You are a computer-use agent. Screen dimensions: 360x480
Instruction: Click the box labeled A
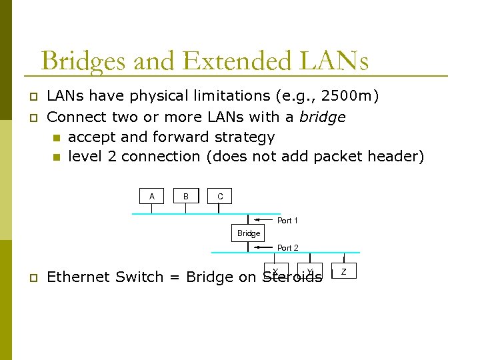click(152, 196)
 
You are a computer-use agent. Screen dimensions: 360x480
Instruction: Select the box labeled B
click(186, 196)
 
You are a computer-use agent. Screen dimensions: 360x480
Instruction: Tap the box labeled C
click(220, 197)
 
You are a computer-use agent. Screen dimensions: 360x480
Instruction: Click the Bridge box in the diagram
click(249, 233)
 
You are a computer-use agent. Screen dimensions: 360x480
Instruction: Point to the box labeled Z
click(343, 271)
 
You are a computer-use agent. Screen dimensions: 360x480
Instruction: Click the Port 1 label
click(287, 220)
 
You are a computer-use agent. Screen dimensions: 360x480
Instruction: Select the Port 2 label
click(287, 247)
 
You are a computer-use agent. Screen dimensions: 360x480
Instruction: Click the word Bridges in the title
click(83, 61)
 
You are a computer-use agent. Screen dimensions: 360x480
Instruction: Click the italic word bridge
click(323, 117)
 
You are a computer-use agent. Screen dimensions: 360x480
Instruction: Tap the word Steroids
click(292, 277)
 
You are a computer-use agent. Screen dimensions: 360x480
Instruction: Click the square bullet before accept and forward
click(57, 138)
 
